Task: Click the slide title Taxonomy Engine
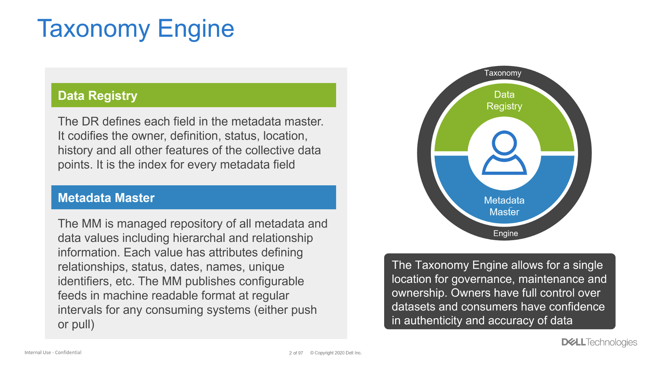tap(135, 29)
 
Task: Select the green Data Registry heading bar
tap(193, 95)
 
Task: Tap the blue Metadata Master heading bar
tap(193, 197)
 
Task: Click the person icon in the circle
tap(504, 153)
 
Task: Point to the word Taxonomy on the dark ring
tap(503, 73)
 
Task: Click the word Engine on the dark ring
tap(505, 234)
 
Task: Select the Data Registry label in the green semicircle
tap(504, 100)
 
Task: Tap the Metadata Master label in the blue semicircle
tap(504, 206)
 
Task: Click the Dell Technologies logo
tap(599, 342)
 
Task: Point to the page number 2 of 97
tap(296, 353)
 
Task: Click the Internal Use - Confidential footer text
tap(53, 353)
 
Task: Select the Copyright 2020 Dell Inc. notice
tap(336, 353)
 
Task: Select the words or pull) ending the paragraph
tap(76, 325)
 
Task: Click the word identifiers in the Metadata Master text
tap(85, 281)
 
